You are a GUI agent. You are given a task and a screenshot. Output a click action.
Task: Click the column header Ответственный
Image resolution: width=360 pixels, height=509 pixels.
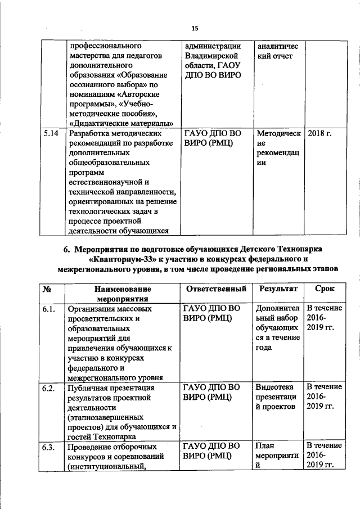(215, 289)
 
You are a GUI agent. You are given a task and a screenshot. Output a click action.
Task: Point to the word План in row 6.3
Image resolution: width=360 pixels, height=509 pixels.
(265, 447)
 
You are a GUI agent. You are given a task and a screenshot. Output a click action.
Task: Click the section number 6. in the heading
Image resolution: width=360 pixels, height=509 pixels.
(66, 249)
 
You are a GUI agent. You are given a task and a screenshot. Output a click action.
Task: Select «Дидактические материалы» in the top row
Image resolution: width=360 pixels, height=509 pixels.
(120, 123)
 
